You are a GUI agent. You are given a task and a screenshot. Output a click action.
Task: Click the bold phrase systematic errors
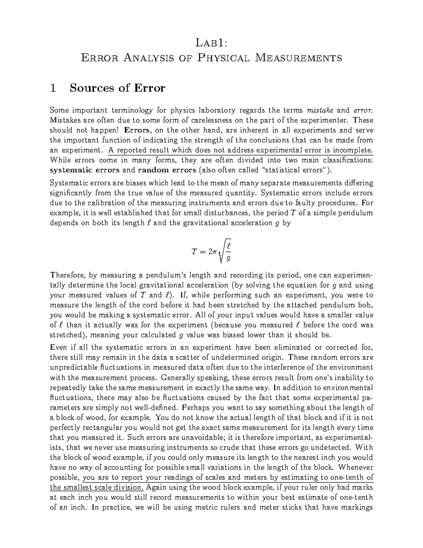pos(85,170)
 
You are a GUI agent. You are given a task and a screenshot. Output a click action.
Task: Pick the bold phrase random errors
pos(167,170)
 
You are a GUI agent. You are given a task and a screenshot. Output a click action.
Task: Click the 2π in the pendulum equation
pos(213,252)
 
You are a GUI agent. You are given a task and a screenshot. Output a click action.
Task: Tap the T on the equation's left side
pos(194,252)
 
